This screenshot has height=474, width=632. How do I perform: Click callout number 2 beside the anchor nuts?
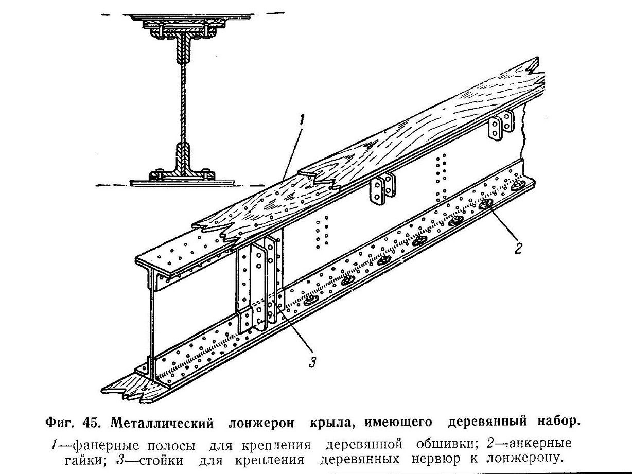pos(518,249)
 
